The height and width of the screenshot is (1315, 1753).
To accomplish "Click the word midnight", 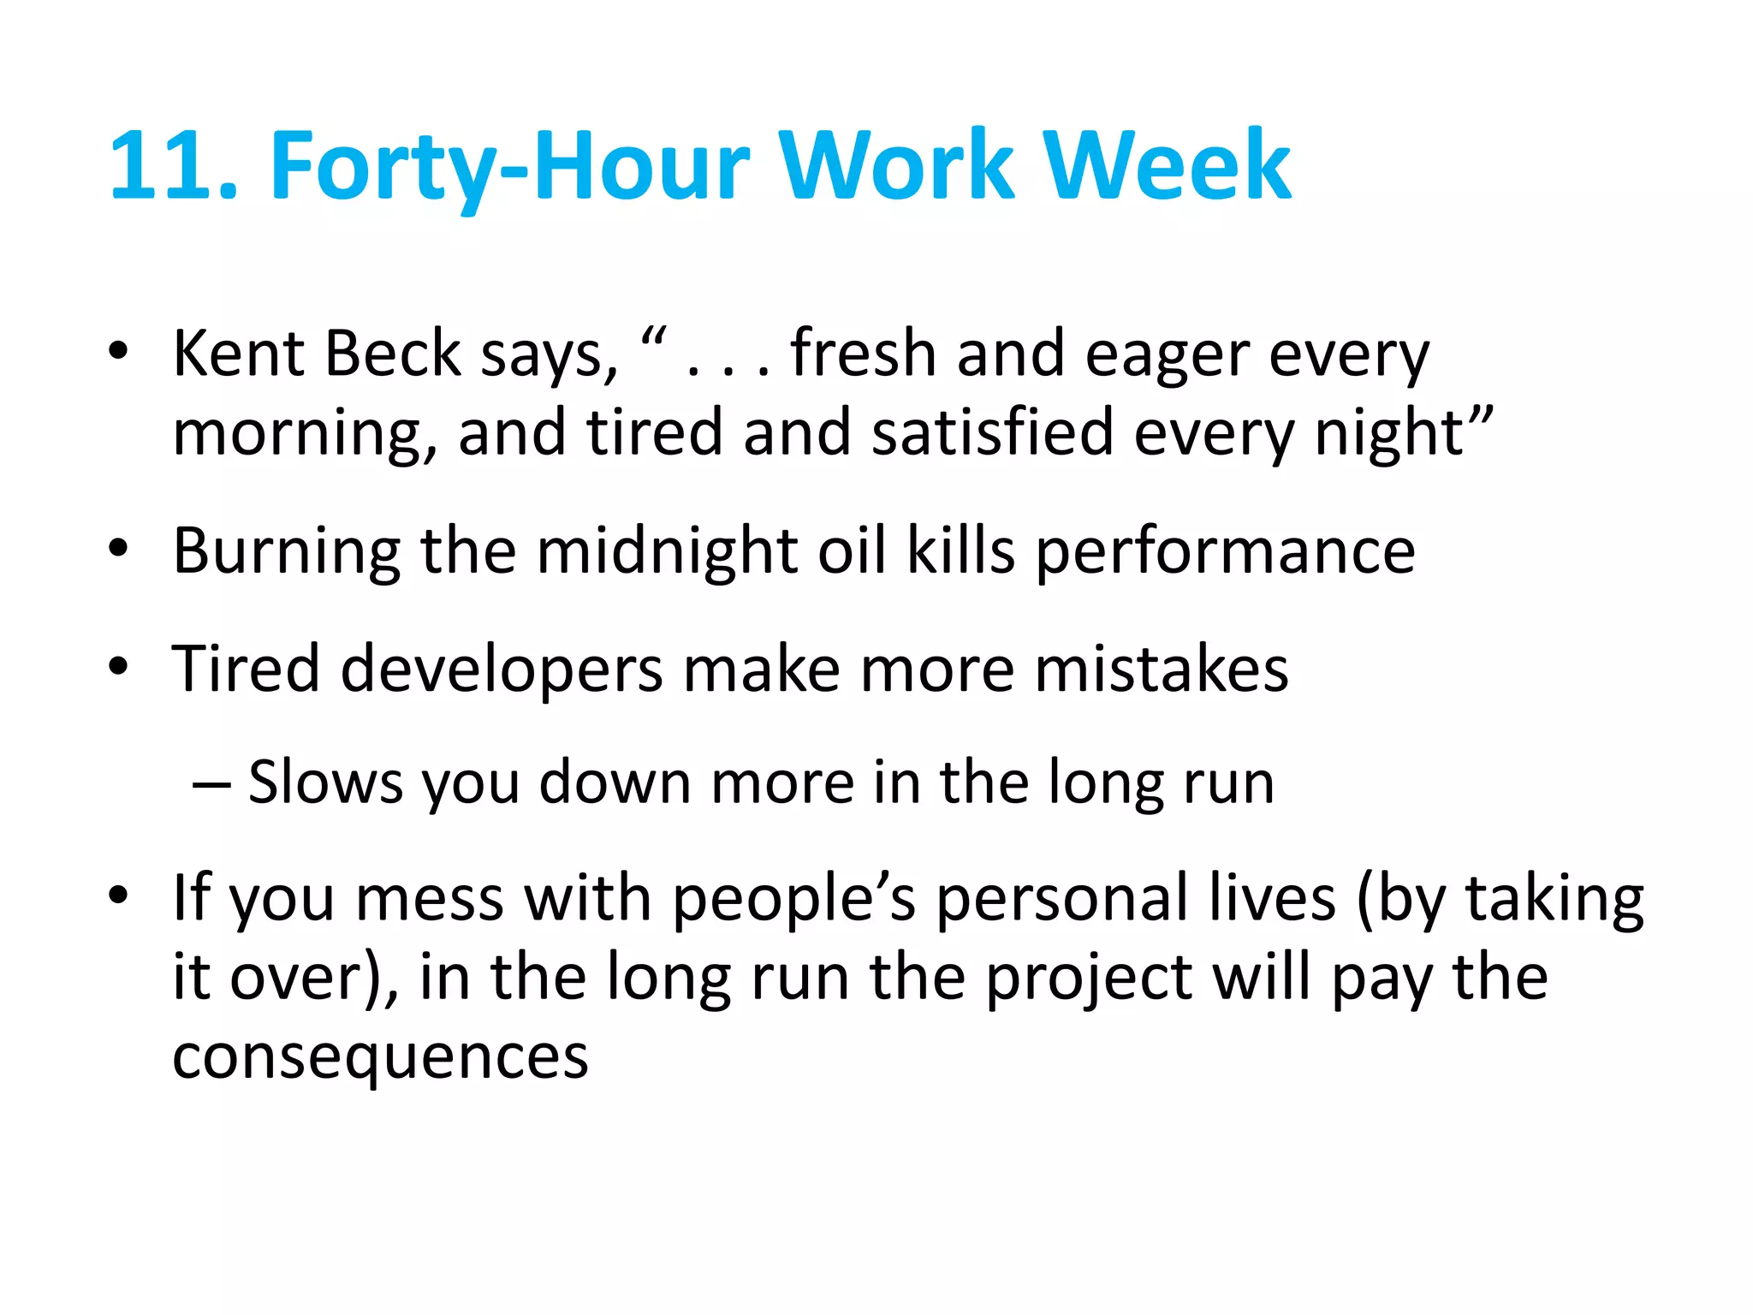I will point(667,551).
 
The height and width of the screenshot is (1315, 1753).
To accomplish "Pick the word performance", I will point(1226,553).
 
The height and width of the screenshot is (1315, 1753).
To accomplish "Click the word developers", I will point(502,669).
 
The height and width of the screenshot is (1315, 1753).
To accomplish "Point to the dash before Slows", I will point(211,784).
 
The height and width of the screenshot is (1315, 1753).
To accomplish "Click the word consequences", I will point(381,1058).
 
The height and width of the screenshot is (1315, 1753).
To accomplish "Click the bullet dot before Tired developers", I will point(118,665).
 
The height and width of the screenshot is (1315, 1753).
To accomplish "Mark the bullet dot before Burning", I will point(118,547).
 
